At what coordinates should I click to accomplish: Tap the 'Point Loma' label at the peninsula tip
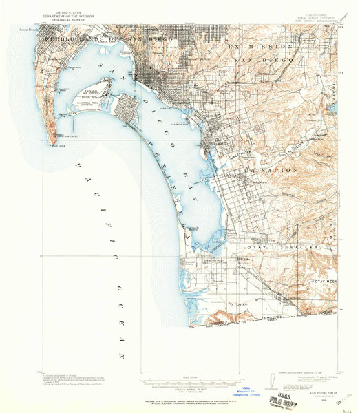(58, 146)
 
